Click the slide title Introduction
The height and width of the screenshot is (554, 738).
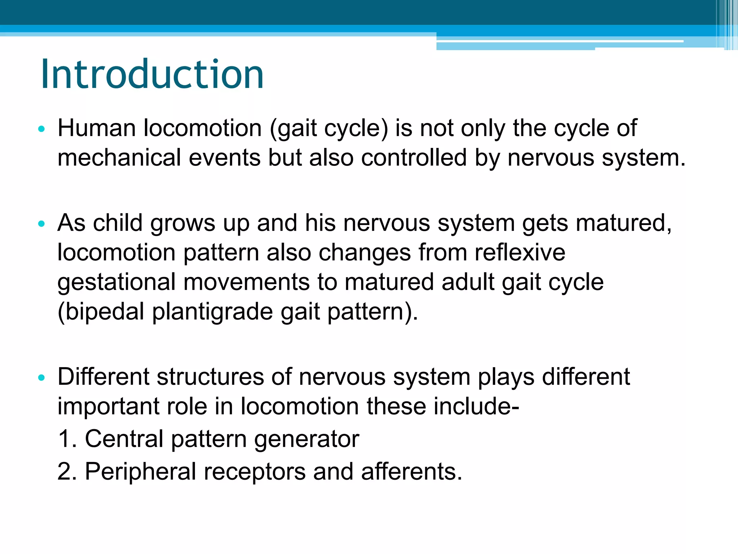[x=152, y=74]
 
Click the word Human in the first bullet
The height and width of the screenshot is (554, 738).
[x=96, y=128]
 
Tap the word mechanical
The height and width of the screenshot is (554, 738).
[x=119, y=158]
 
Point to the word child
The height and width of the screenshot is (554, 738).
[x=118, y=223]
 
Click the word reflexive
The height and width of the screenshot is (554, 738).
[x=520, y=252]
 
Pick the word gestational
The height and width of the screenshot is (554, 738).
[x=116, y=282]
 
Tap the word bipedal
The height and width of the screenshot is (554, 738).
[x=101, y=312]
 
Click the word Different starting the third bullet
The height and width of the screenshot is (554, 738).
[x=103, y=377]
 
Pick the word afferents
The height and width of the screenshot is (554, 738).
[x=411, y=471]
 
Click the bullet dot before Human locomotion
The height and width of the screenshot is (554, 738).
[x=41, y=129]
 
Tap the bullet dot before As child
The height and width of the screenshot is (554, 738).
[x=41, y=224]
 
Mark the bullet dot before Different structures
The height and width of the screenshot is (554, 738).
[x=41, y=378]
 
